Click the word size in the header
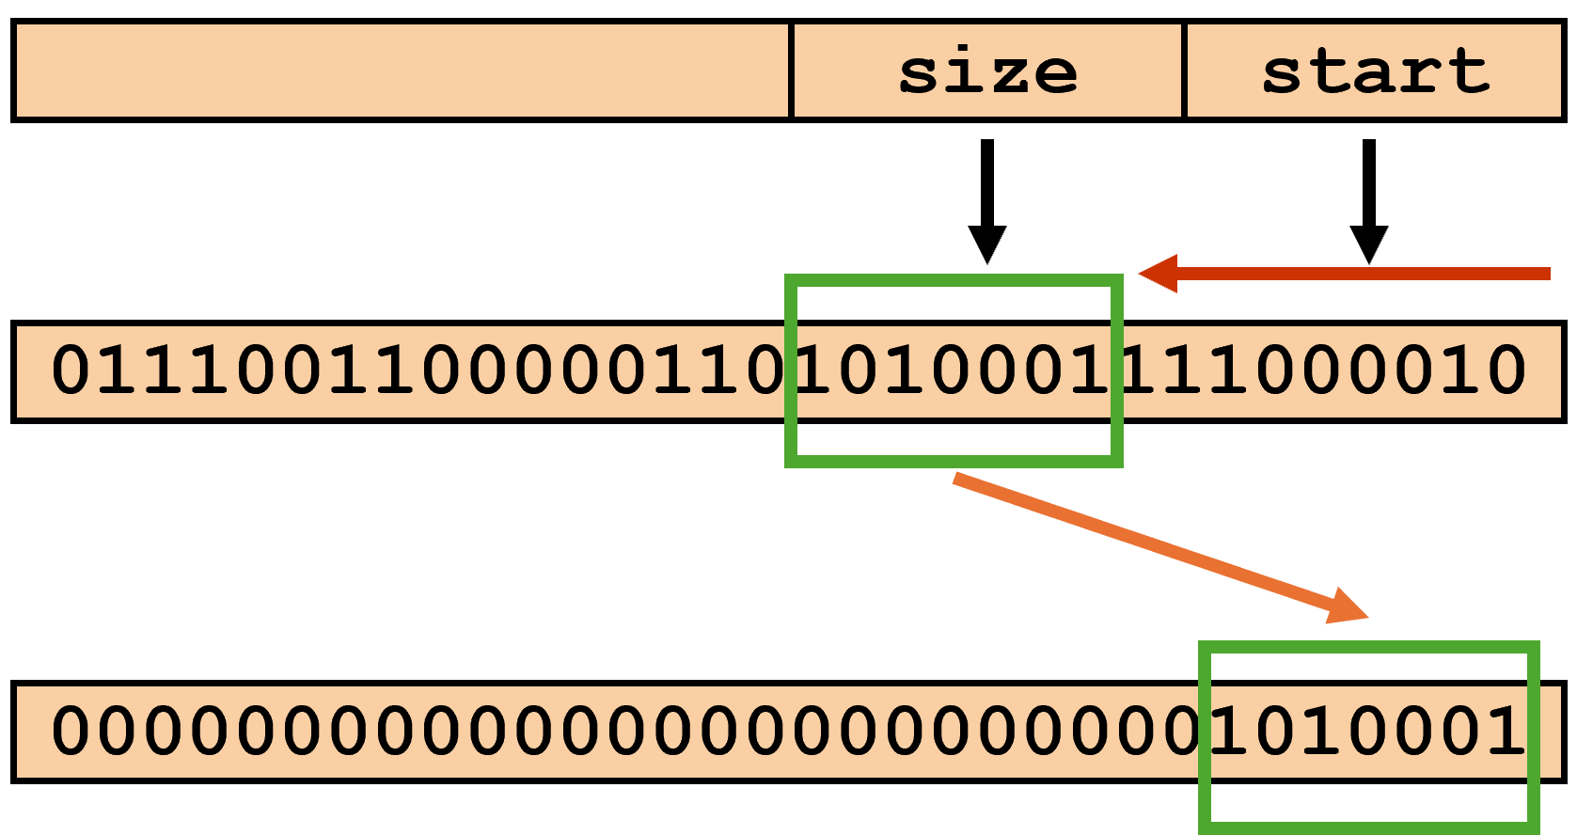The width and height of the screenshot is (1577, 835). pyautogui.click(x=987, y=71)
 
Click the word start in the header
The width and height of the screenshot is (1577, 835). pyautogui.click(x=1375, y=71)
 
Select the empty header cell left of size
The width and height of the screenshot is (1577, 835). pyautogui.click(x=402, y=71)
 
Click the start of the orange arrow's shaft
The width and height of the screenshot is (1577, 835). pyautogui.click(x=955, y=478)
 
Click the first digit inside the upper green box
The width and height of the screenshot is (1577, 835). pyautogui.click(x=813, y=370)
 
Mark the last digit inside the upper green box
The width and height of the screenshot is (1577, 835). pyautogui.click(x=1091, y=370)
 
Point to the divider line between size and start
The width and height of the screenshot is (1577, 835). pyautogui.click(x=1184, y=71)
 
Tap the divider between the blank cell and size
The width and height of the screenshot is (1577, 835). pyautogui.click(x=791, y=71)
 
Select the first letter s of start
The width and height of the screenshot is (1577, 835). pyautogui.click(x=1283, y=73)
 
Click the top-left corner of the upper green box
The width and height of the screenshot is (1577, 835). pyautogui.click(x=791, y=280)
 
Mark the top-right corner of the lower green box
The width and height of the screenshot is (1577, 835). pyautogui.click(x=1534, y=647)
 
